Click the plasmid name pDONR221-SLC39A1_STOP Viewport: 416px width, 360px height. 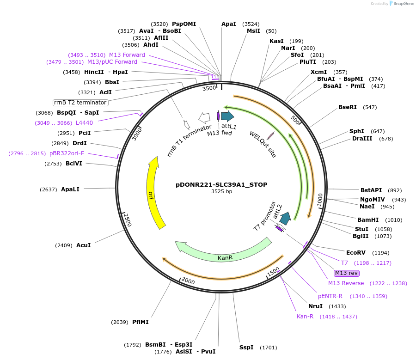tap(221, 184)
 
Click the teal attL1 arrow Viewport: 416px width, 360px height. tap(227, 116)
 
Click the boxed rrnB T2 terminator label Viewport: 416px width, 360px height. tap(81, 103)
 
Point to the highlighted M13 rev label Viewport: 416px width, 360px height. tap(346, 273)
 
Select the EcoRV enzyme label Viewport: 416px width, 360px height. tap(355, 253)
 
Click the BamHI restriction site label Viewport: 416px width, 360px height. tap(368, 220)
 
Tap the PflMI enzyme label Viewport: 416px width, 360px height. tap(141, 322)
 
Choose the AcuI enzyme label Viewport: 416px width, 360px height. tap(83, 245)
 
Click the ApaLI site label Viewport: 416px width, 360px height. tap(70, 189)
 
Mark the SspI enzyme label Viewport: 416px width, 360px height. tap(246, 347)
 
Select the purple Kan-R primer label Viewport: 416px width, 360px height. tap(305, 317)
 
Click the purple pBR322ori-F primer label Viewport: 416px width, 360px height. tap(67, 153)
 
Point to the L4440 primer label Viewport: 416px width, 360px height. tap(84, 122)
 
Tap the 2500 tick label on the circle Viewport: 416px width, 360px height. tap(127, 220)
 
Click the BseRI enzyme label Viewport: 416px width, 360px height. tap(348, 107)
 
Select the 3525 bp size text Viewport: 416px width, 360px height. tap(221, 191)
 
